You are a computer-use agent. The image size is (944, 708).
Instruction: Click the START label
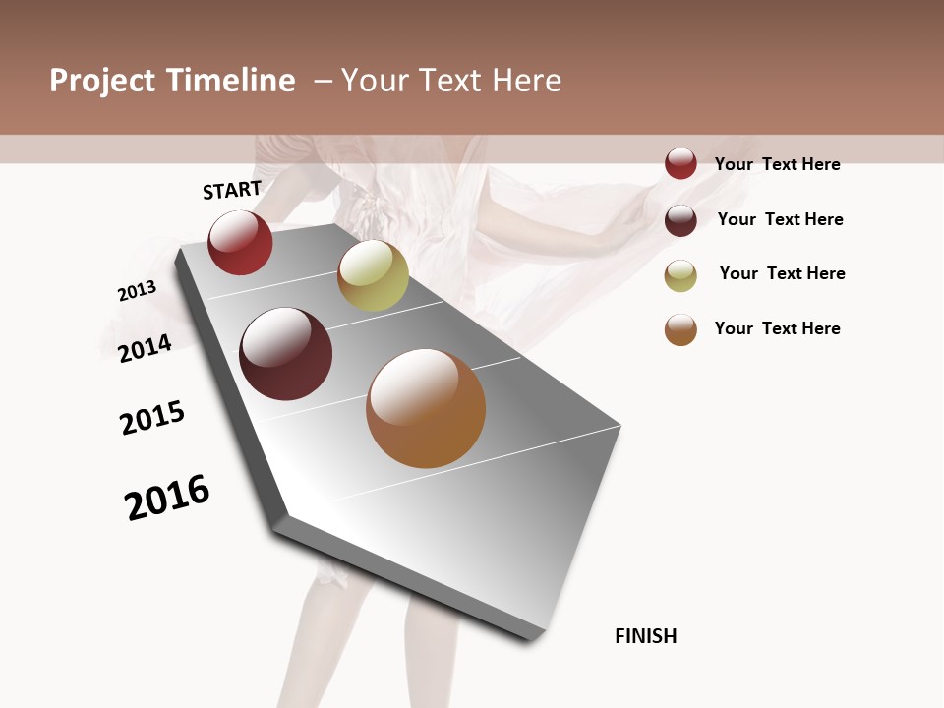[x=232, y=190]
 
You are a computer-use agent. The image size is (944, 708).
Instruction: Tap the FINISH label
[x=645, y=636]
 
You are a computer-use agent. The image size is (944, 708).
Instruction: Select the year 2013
[x=137, y=291]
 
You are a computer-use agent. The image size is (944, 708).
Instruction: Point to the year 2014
[x=145, y=348]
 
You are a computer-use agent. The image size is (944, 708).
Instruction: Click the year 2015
[x=152, y=418]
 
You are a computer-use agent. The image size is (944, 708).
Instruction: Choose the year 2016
[x=167, y=498]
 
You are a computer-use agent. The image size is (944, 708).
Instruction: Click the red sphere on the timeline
[x=240, y=242]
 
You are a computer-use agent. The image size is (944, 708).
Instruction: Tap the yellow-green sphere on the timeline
[x=373, y=275]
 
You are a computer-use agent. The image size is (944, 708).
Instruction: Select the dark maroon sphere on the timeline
[x=286, y=354]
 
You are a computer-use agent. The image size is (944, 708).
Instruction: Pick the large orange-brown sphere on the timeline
[x=426, y=408]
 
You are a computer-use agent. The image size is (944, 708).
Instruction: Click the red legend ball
[x=680, y=164]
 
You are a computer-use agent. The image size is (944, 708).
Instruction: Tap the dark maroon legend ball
[x=680, y=220]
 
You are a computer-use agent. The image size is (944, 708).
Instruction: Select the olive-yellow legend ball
[x=680, y=275]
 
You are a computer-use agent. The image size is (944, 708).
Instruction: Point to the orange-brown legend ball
[x=680, y=329]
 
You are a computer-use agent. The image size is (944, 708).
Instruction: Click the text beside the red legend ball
[x=777, y=164]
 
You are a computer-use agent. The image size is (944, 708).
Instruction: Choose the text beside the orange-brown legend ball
[x=777, y=328]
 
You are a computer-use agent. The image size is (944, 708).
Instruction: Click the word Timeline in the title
[x=230, y=81]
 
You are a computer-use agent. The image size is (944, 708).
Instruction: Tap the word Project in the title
[x=102, y=81]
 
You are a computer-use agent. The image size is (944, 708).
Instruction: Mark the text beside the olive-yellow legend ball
[x=782, y=273]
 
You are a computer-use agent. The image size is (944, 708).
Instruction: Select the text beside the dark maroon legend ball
[x=780, y=219]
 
